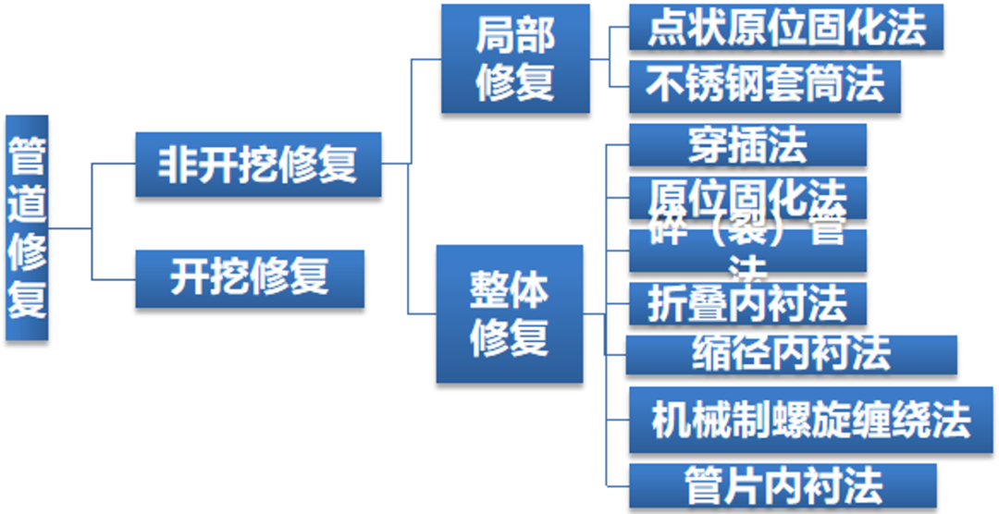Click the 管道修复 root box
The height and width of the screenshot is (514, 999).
(26, 227)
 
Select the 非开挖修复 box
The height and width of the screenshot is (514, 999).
(257, 165)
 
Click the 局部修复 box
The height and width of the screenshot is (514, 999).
(514, 59)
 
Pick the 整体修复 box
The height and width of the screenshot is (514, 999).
(510, 314)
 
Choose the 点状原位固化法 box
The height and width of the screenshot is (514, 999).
(786, 28)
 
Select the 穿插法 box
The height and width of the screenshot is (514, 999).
(747, 145)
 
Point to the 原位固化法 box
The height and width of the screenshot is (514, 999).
(747, 196)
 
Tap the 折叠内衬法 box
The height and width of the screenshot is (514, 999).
(747, 303)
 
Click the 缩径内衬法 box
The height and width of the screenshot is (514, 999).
(791, 354)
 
